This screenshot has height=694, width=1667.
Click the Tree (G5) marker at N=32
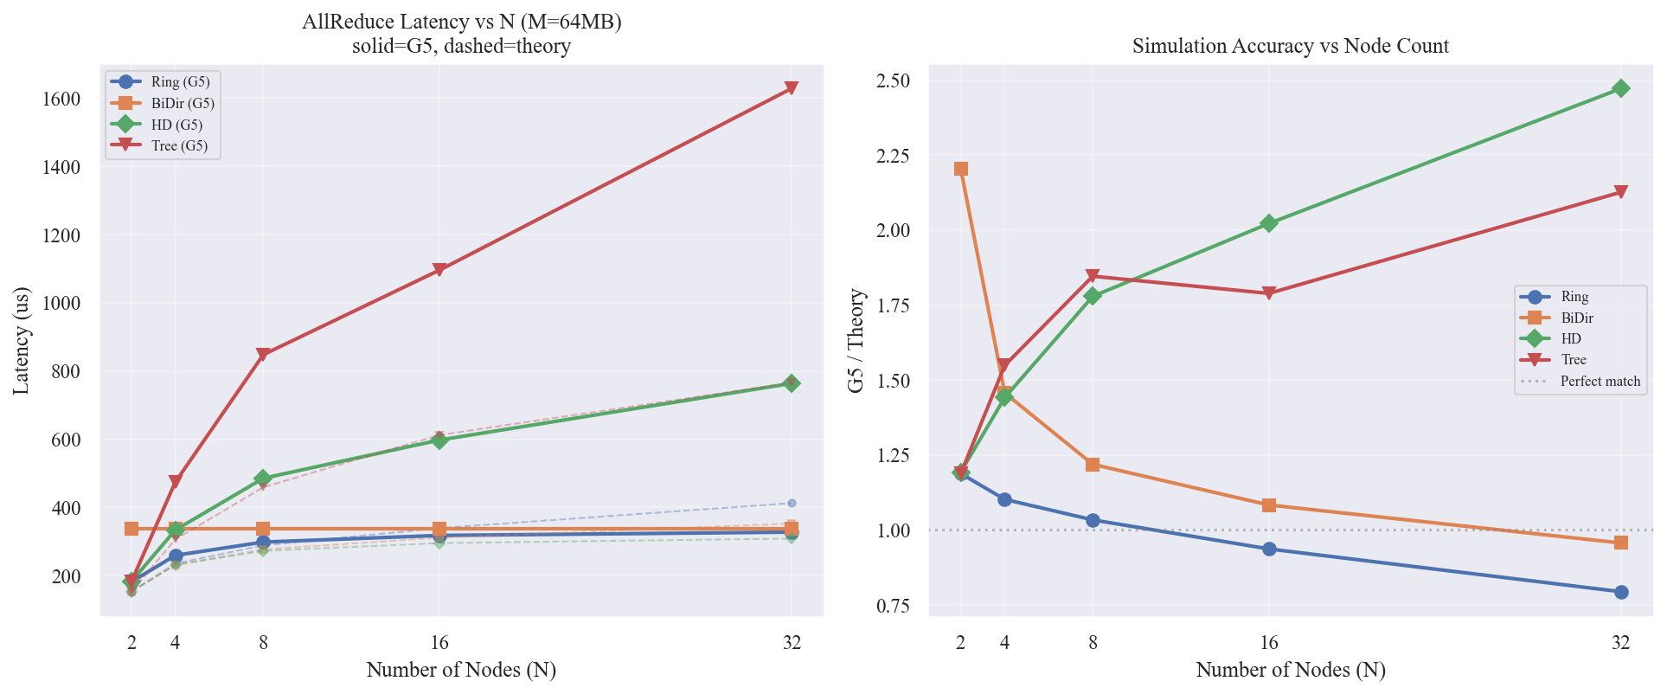click(791, 88)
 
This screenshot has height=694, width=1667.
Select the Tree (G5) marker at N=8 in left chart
click(263, 354)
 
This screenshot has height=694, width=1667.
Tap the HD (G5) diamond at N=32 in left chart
click(791, 383)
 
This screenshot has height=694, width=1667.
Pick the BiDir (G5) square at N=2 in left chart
click(131, 529)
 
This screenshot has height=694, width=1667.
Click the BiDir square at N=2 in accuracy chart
click(960, 169)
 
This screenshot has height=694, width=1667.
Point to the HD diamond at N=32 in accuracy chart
click(1620, 88)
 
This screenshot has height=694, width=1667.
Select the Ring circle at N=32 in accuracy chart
click(1620, 592)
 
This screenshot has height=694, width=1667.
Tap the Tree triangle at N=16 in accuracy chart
click(1268, 293)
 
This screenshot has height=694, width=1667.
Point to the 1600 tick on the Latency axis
click(61, 100)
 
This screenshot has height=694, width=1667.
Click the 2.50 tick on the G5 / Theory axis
click(893, 81)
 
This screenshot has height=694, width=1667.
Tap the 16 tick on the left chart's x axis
click(439, 642)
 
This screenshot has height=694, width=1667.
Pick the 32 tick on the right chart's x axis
click(1620, 642)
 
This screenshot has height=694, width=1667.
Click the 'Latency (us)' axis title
click(22, 341)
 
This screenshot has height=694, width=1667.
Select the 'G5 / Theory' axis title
click(856, 341)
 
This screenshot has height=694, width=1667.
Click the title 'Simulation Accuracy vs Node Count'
click(1290, 46)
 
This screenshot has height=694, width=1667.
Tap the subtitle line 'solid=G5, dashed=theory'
click(461, 46)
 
